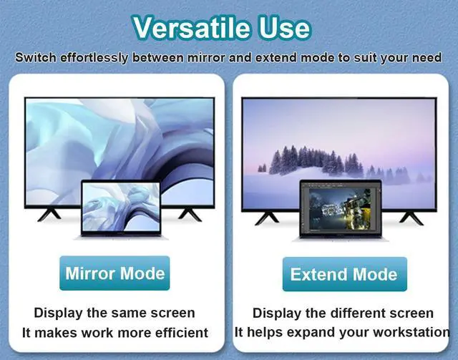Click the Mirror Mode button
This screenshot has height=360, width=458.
pos(114,273)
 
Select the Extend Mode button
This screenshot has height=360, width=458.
pos(343,275)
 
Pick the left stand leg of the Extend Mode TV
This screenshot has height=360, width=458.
pos(265,215)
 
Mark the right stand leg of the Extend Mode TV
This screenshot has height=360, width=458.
pos(412,215)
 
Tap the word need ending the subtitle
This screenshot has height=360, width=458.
pos(427,57)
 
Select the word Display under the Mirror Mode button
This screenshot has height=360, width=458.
pos(60,313)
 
